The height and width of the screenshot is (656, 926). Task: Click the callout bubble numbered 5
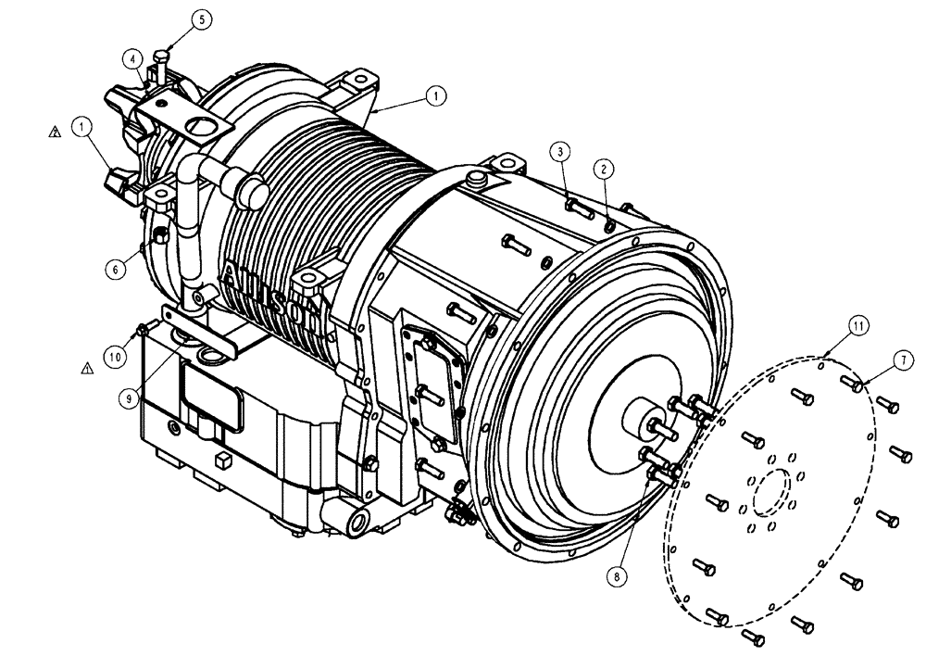pos(203,18)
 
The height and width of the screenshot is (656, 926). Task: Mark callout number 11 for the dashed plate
pos(858,325)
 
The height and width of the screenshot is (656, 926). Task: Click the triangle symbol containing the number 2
pos(55,133)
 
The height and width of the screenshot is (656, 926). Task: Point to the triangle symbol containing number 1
pos(87,368)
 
